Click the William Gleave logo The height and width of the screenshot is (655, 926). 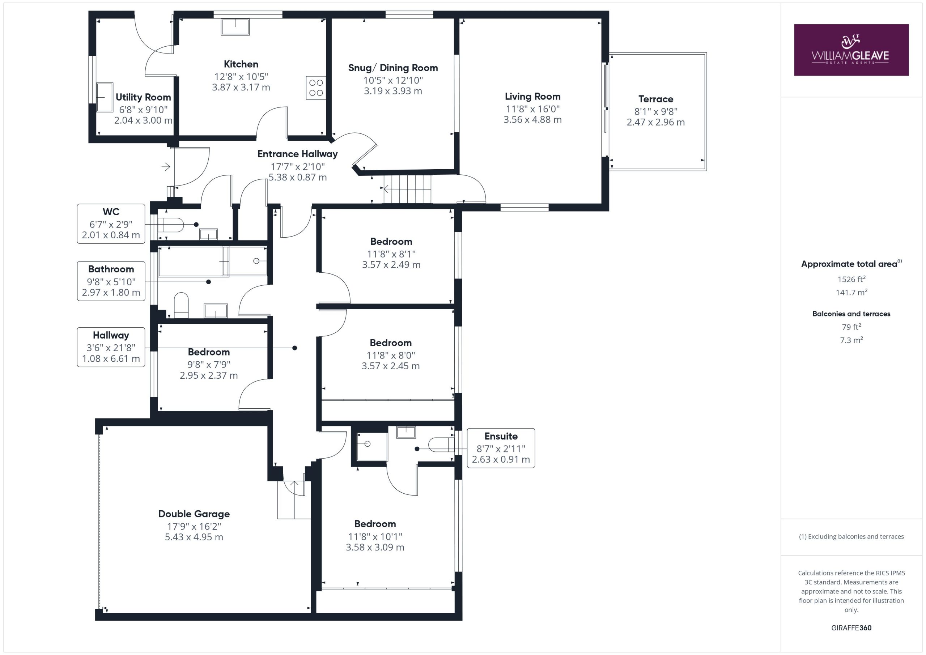click(x=851, y=50)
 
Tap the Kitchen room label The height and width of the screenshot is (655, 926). click(x=241, y=64)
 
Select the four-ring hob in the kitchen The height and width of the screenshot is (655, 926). click(x=316, y=88)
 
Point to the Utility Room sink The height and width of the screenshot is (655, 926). click(x=105, y=97)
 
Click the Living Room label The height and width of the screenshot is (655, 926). click(x=532, y=97)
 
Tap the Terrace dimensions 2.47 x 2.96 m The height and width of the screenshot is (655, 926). click(x=655, y=122)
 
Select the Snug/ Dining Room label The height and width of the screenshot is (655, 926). click(x=393, y=68)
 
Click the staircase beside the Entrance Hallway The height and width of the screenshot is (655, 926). click(x=407, y=189)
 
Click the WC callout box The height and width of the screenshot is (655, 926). click(x=111, y=224)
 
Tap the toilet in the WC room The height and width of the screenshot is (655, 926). click(x=170, y=225)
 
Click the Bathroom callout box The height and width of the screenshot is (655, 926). click(x=111, y=281)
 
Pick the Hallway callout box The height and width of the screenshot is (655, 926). click(x=111, y=347)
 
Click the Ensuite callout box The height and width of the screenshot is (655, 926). click(x=501, y=448)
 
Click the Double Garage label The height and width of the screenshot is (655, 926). click(x=194, y=514)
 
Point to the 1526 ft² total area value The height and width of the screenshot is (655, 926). click(x=851, y=279)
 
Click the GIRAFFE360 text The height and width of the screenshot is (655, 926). click(x=851, y=628)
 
